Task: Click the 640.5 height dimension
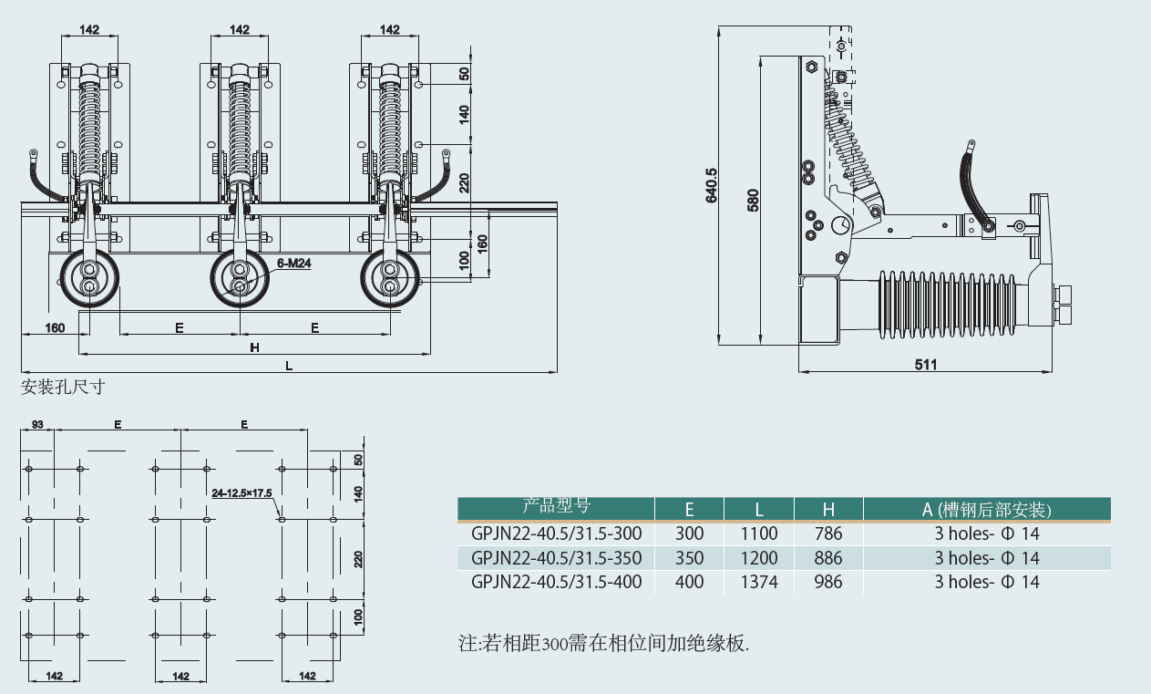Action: [712, 185]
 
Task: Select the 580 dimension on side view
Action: [753, 200]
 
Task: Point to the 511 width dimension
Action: [925, 365]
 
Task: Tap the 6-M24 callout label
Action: [293, 263]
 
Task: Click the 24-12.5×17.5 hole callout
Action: [242, 492]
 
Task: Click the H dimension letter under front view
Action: [255, 347]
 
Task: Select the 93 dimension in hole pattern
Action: [38, 424]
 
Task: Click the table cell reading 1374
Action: [758, 582]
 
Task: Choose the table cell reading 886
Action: [827, 558]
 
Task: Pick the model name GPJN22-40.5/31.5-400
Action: [556, 582]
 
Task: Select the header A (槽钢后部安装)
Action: [987, 510]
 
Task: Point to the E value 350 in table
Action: [689, 558]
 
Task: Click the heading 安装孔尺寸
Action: [63, 387]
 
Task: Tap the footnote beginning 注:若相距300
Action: [603, 643]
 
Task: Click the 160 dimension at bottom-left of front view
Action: [55, 327]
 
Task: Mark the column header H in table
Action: [827, 510]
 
